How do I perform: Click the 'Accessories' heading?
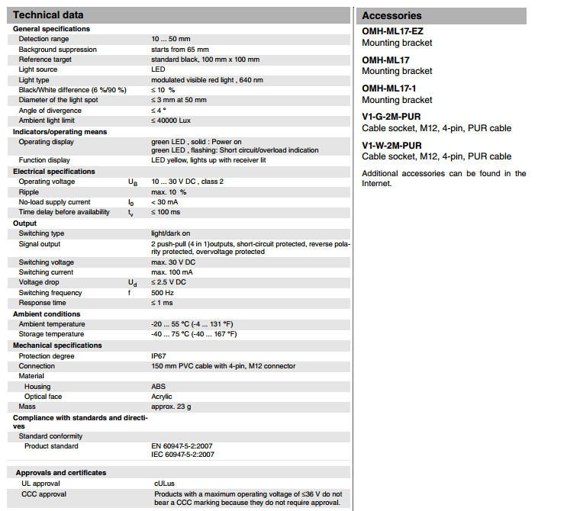point(391,15)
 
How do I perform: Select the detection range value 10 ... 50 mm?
point(171,39)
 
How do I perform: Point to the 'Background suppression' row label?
point(58,49)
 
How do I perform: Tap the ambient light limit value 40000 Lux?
point(173,121)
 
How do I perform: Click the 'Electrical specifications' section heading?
point(55,172)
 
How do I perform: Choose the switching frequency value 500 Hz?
point(162,293)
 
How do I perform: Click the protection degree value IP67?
point(159,355)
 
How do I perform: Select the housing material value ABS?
point(158,387)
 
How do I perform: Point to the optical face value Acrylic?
point(162,397)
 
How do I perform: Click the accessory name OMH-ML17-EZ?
point(392,31)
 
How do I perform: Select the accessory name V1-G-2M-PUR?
point(391,117)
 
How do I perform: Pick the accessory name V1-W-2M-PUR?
point(391,145)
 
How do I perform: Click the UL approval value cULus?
point(164,484)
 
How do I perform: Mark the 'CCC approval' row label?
point(44,494)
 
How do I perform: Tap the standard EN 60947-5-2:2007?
point(182,445)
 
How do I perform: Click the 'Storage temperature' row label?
point(52,334)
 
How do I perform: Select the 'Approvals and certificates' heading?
point(61,473)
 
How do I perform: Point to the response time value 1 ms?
point(162,303)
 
